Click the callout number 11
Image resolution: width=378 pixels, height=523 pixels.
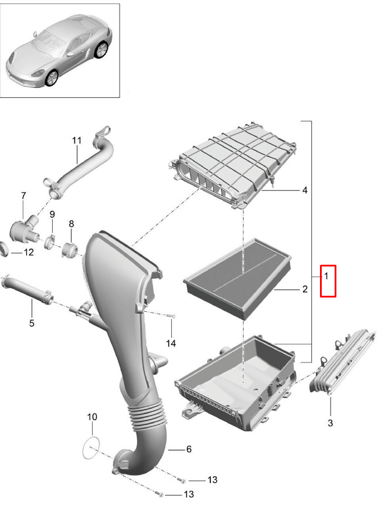pyautogui.click(x=77, y=141)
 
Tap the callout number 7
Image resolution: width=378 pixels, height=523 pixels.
pyautogui.click(x=23, y=196)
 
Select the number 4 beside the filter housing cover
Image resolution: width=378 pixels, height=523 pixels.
pyautogui.click(x=305, y=190)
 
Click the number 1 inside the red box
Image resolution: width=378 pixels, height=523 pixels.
pyautogui.click(x=326, y=276)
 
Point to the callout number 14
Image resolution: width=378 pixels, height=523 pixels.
pyautogui.click(x=171, y=343)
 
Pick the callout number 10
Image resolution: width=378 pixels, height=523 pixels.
pyautogui.click(x=92, y=416)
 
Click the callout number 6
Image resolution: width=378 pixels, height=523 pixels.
pyautogui.click(x=189, y=449)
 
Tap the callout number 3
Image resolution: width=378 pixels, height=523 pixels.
pyautogui.click(x=330, y=423)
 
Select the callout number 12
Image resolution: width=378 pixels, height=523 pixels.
pyautogui.click(x=29, y=252)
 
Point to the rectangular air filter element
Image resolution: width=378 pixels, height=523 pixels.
pyautogui.click(x=237, y=279)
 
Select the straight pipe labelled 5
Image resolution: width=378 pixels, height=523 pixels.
pyautogui.click(x=28, y=289)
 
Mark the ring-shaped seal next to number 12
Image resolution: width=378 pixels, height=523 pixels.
pyautogui.click(x=4, y=249)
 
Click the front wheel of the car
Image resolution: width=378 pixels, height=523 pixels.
pyautogui.click(x=52, y=78)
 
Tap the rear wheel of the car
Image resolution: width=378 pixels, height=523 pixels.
pyautogui.click(x=101, y=50)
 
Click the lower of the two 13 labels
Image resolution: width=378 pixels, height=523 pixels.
pyautogui.click(x=189, y=494)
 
